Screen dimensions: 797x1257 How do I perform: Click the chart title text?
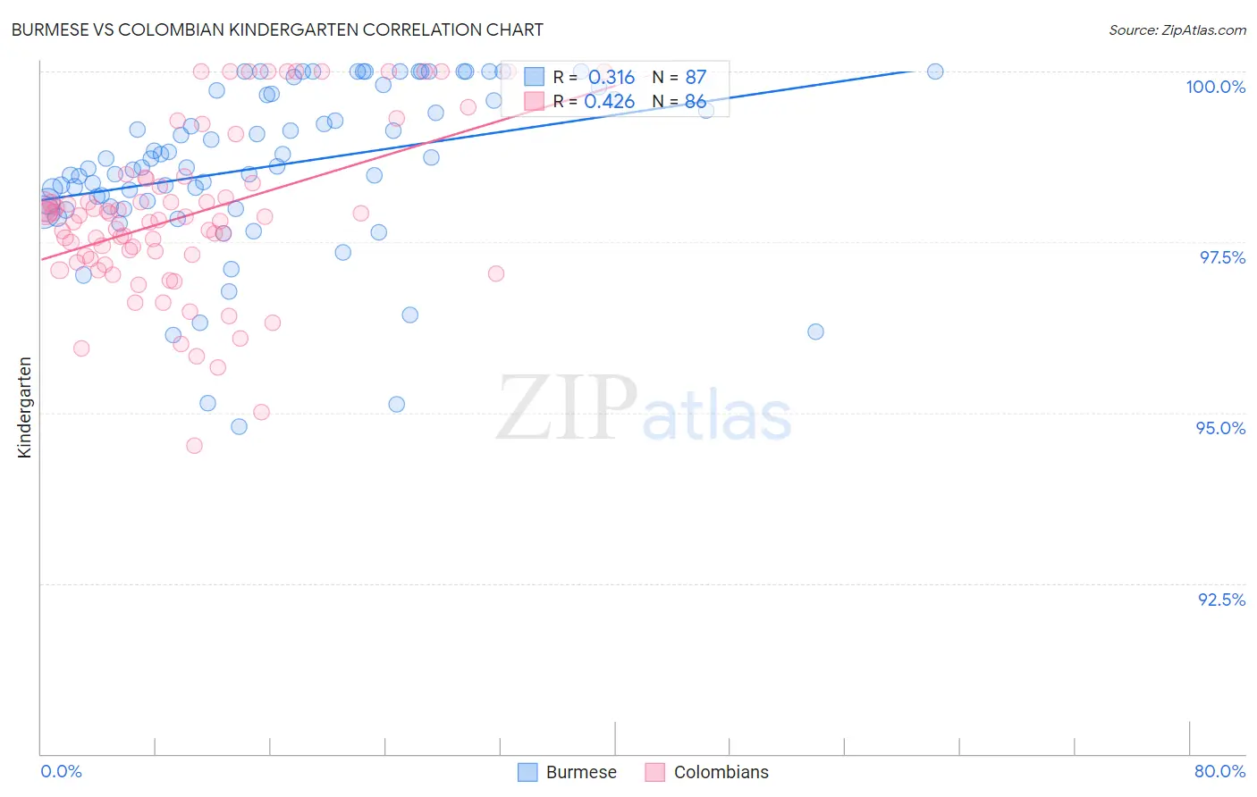coord(276,29)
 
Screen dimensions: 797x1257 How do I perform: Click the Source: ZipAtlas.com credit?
coord(1177,29)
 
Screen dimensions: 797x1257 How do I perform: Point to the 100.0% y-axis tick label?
coord(1215,87)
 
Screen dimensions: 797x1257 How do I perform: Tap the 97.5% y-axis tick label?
coord(1221,257)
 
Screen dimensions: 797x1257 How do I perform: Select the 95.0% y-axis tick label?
coord(1220,428)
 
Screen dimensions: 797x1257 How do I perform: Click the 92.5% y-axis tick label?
coord(1221,600)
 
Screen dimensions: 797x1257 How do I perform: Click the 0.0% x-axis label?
coord(61,771)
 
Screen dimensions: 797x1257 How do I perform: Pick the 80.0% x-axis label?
coord(1219,771)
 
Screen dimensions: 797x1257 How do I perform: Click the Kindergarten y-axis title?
coord(24,407)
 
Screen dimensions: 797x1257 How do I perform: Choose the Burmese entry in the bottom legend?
coord(580,772)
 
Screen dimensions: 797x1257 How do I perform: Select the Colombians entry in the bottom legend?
coord(721,772)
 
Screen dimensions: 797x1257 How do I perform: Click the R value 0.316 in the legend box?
coord(611,78)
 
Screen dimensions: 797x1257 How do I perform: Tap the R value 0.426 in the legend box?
coord(609,102)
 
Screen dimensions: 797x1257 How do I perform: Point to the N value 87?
coord(696,78)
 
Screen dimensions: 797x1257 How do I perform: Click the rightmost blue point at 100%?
coord(935,71)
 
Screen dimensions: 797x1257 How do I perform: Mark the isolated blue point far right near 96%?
coord(815,331)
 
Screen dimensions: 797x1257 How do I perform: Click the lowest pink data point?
coord(194,445)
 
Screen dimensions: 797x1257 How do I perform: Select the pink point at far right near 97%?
coord(496,273)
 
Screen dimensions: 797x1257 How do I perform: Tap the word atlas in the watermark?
coord(717,416)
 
